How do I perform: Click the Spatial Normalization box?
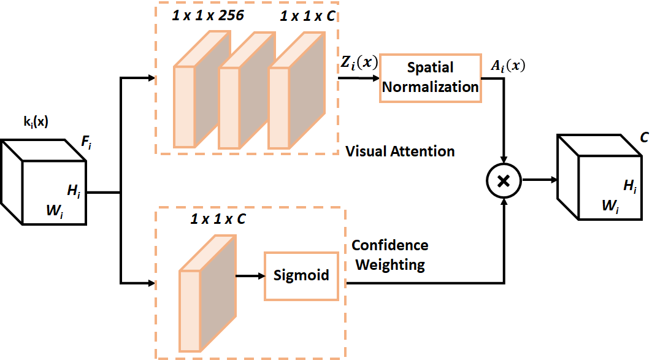(x=430, y=77)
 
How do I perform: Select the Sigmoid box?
(x=301, y=275)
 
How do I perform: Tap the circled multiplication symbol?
(x=503, y=180)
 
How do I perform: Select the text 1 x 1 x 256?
(x=209, y=16)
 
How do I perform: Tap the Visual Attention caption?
(x=400, y=151)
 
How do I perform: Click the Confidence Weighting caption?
(x=389, y=255)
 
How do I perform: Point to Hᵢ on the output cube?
(x=631, y=186)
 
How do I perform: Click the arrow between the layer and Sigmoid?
(x=249, y=275)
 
